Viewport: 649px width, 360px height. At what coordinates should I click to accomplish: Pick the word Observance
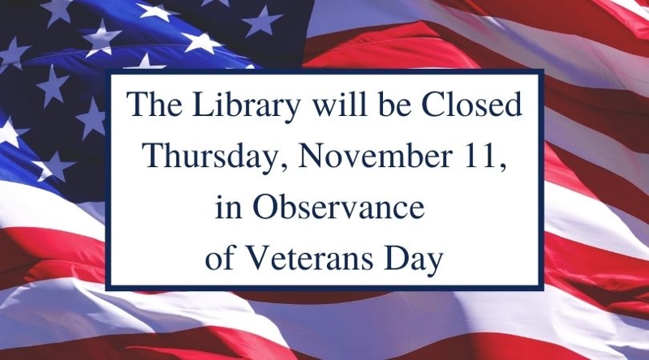[x=338, y=207]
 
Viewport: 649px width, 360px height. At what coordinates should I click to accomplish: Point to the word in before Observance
[x=229, y=207]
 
